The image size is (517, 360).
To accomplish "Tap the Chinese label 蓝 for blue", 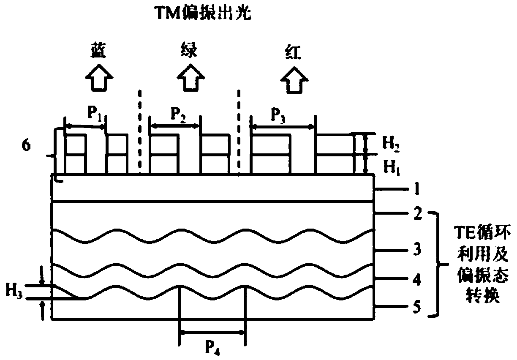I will (x=100, y=51).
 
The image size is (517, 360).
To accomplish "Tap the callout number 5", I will (x=416, y=307).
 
